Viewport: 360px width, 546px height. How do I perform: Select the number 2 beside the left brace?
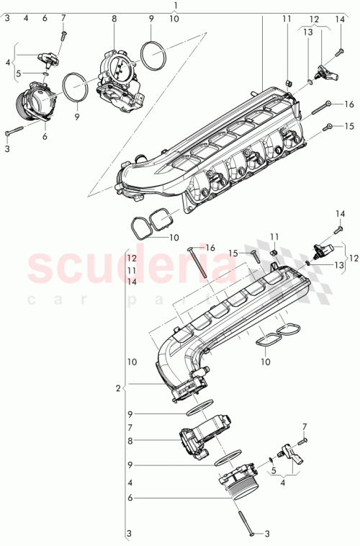pyautogui.click(x=117, y=389)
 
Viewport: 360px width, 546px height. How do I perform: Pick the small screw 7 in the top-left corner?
pyautogui.click(x=63, y=32)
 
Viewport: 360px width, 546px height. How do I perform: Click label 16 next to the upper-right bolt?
pyautogui.click(x=349, y=104)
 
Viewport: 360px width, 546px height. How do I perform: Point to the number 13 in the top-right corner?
pyautogui.click(x=308, y=32)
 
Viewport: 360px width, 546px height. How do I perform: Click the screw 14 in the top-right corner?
pyautogui.click(x=339, y=52)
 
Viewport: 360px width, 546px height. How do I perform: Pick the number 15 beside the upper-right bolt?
pyautogui.click(x=349, y=126)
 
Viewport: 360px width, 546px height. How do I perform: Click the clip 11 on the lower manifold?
pyautogui.click(x=274, y=253)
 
